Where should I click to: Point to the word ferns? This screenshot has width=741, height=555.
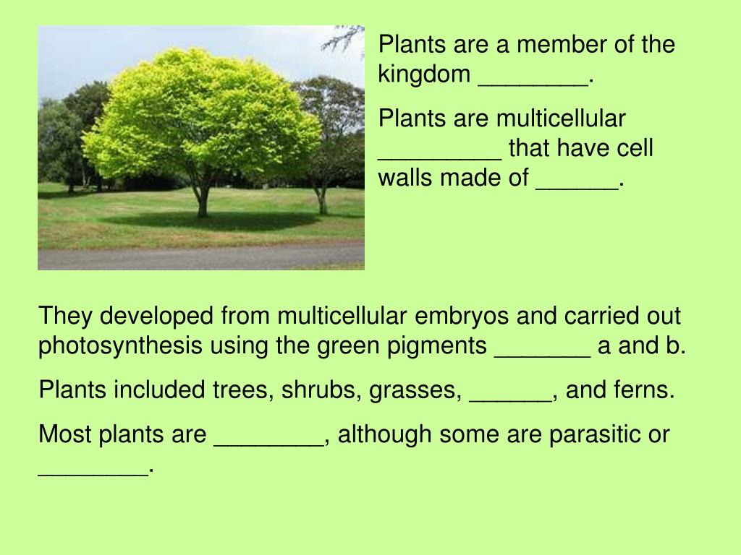643,391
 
